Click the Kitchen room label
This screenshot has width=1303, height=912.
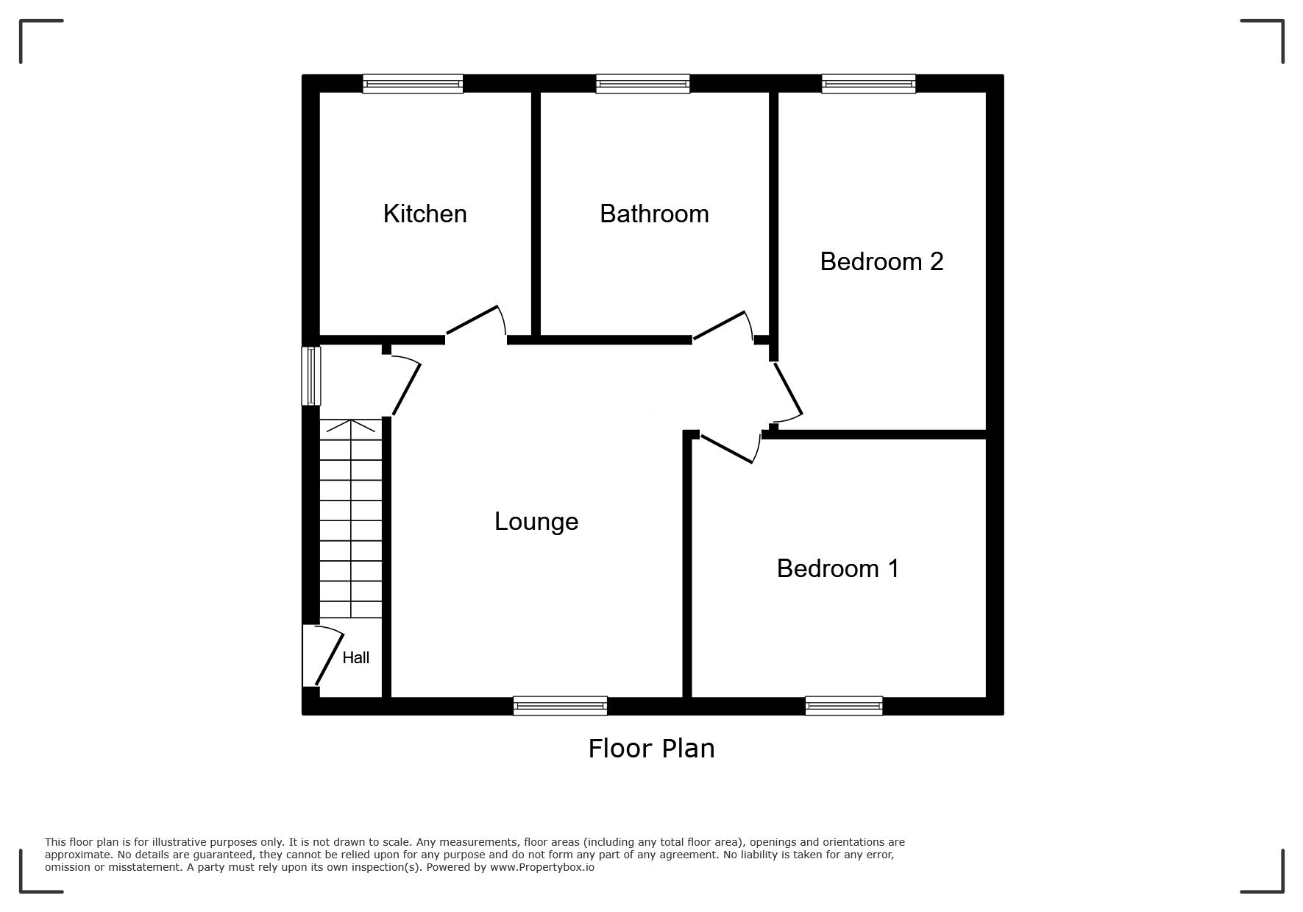click(x=425, y=213)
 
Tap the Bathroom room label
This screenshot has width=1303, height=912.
click(x=654, y=213)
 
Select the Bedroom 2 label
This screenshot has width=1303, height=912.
click(x=881, y=261)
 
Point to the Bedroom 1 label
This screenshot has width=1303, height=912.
click(x=838, y=568)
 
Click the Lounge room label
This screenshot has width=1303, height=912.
click(x=536, y=522)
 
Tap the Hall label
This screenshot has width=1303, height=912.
click(x=356, y=657)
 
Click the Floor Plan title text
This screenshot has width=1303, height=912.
click(x=651, y=749)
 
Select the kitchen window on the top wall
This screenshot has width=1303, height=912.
click(x=413, y=84)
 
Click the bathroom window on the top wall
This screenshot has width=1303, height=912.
click(x=643, y=84)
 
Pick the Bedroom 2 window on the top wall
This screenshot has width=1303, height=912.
click(x=869, y=84)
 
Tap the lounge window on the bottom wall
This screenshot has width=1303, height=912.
click(x=561, y=706)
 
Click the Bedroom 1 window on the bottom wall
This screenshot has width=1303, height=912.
click(x=844, y=706)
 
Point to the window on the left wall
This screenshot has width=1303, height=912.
click(x=311, y=376)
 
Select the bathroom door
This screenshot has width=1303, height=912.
click(x=722, y=327)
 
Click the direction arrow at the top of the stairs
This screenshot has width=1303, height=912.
click(x=351, y=425)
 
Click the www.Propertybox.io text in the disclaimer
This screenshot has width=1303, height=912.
click(x=542, y=867)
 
